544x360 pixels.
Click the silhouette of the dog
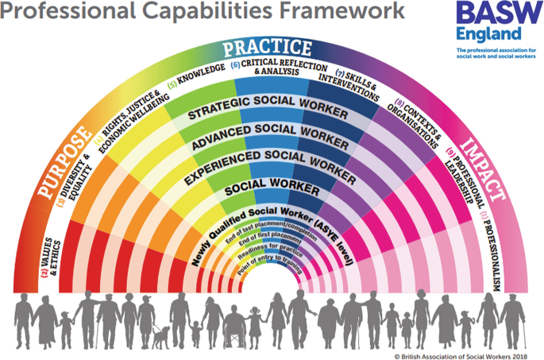161,338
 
